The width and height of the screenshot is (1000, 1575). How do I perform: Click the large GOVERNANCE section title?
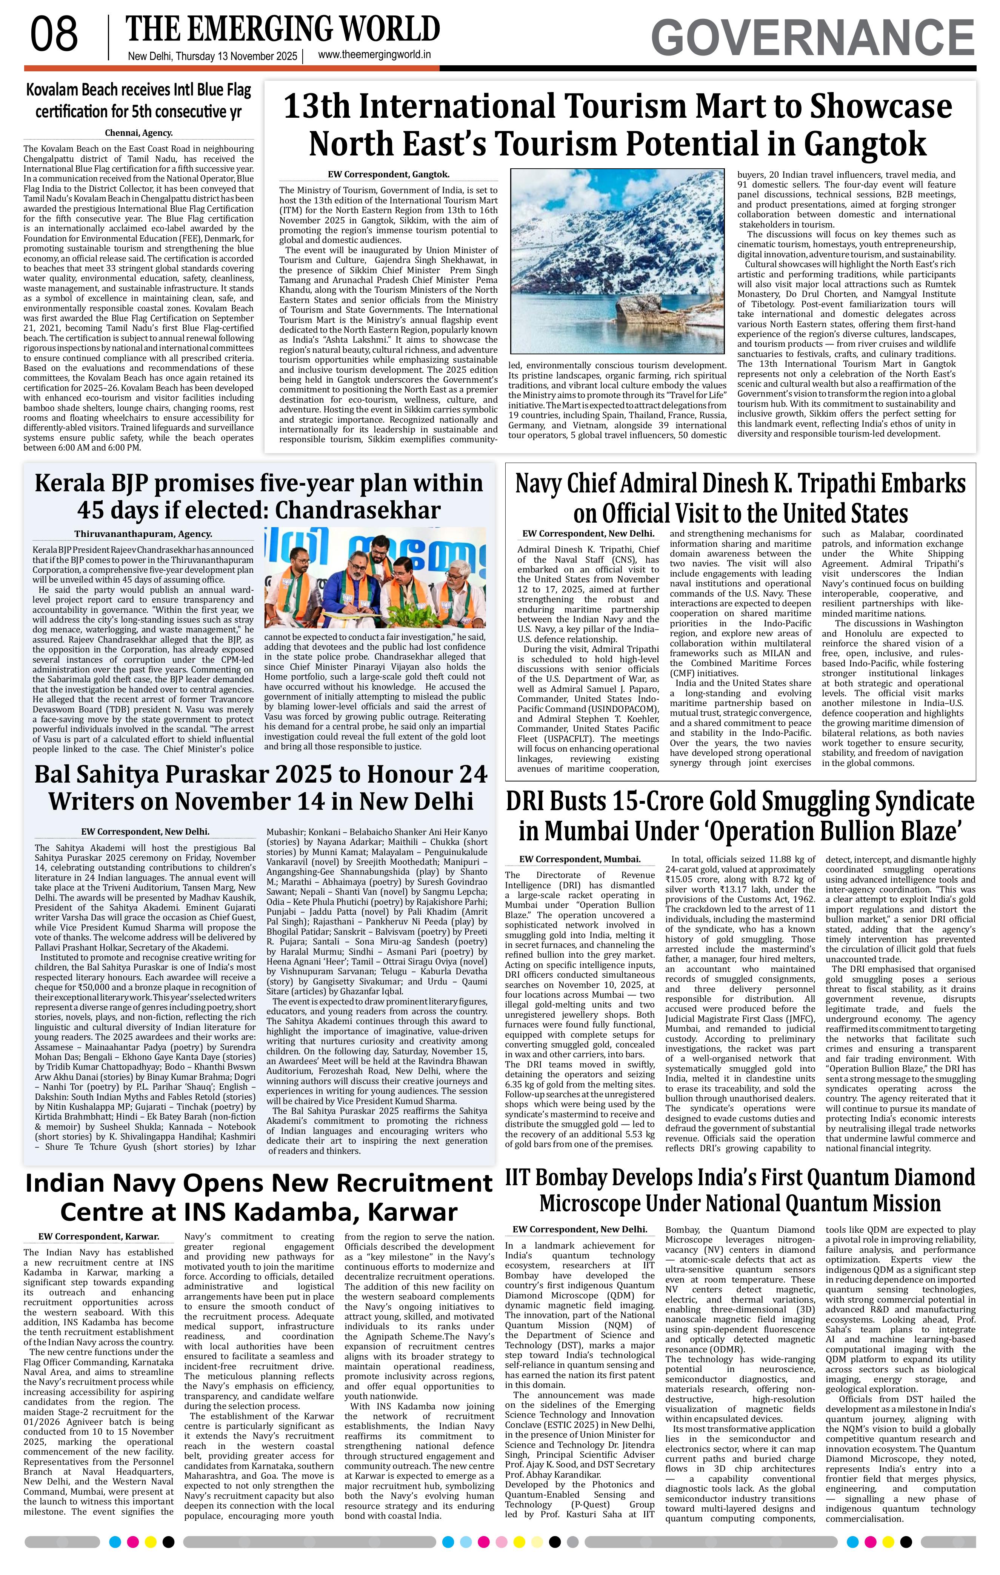(812, 38)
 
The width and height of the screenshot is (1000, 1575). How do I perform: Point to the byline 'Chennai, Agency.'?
(138, 133)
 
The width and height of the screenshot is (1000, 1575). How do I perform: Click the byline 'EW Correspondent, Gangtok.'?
(388, 175)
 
